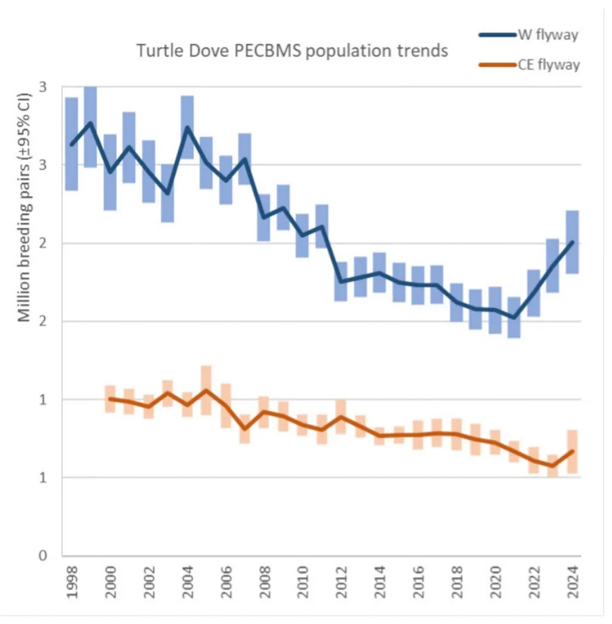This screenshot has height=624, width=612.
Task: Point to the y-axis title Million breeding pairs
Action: click(24, 207)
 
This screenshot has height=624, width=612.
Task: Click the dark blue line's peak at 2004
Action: click(187, 127)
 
